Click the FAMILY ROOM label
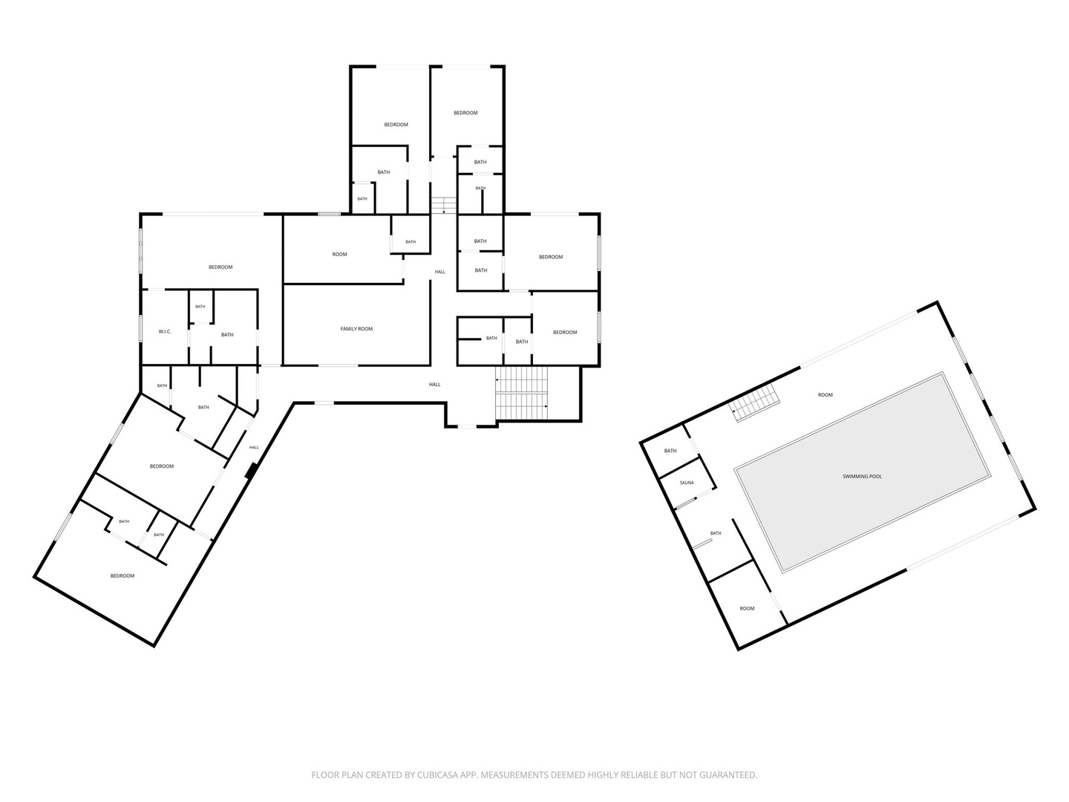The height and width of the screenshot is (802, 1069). click(x=356, y=329)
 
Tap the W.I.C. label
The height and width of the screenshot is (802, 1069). click(x=165, y=332)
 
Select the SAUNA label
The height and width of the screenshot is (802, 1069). click(x=687, y=483)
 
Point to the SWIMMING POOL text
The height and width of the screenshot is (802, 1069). click(x=862, y=476)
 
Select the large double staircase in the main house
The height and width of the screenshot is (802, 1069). click(x=522, y=393)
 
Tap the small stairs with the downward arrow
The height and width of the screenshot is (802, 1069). click(x=444, y=204)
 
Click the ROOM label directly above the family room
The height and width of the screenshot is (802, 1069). click(x=339, y=254)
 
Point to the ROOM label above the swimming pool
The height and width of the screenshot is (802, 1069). click(x=825, y=395)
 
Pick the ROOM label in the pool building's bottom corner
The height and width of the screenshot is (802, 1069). click(x=747, y=608)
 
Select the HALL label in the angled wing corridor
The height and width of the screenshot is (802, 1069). click(x=254, y=448)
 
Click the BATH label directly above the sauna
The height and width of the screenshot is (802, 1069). click(x=670, y=451)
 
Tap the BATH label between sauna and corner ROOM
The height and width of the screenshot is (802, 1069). click(x=716, y=533)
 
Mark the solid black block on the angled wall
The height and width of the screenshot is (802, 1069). click(x=252, y=471)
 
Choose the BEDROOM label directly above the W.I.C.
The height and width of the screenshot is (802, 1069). click(x=220, y=267)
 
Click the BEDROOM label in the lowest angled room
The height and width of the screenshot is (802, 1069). click(x=122, y=576)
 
